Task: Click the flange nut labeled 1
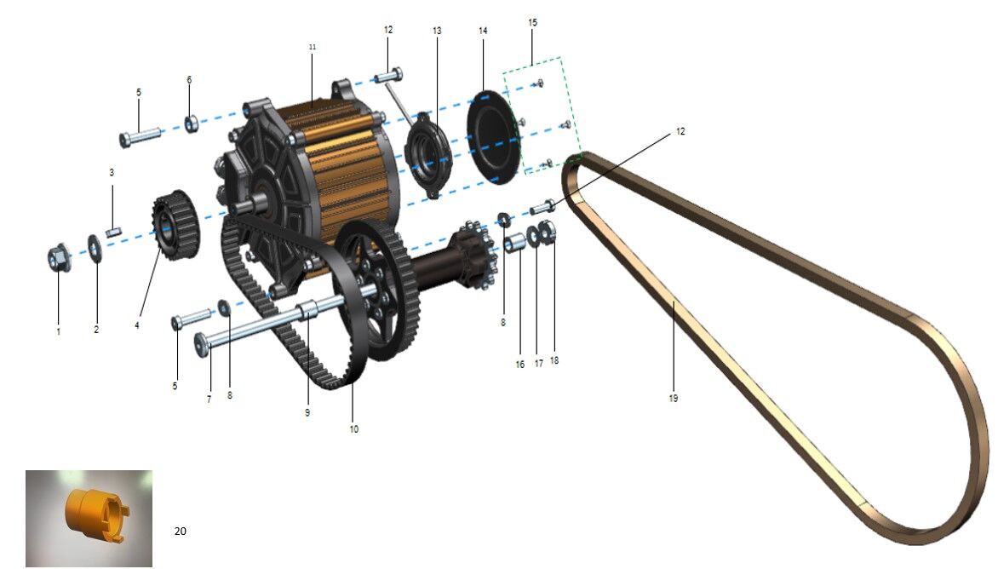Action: coord(60,257)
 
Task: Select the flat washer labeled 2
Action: coord(95,248)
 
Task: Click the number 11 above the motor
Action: coord(312,47)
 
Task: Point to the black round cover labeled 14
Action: coord(495,138)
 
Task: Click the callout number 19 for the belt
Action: coord(674,399)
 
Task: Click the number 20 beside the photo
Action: coord(181,531)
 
